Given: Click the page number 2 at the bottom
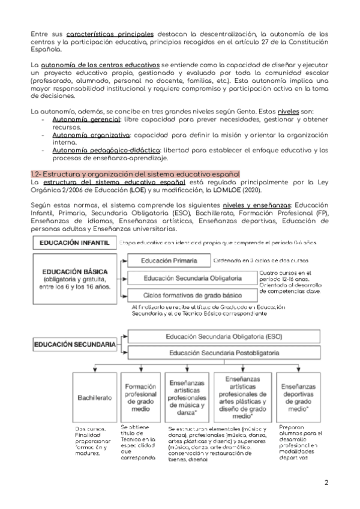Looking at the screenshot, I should [x=326, y=483].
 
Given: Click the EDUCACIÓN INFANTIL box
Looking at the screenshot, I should [x=73, y=243].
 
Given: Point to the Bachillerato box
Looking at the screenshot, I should [x=94, y=397].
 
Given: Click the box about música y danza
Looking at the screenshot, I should [x=187, y=397].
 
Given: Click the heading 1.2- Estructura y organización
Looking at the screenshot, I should [x=135, y=173].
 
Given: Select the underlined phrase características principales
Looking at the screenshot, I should [x=110, y=34].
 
